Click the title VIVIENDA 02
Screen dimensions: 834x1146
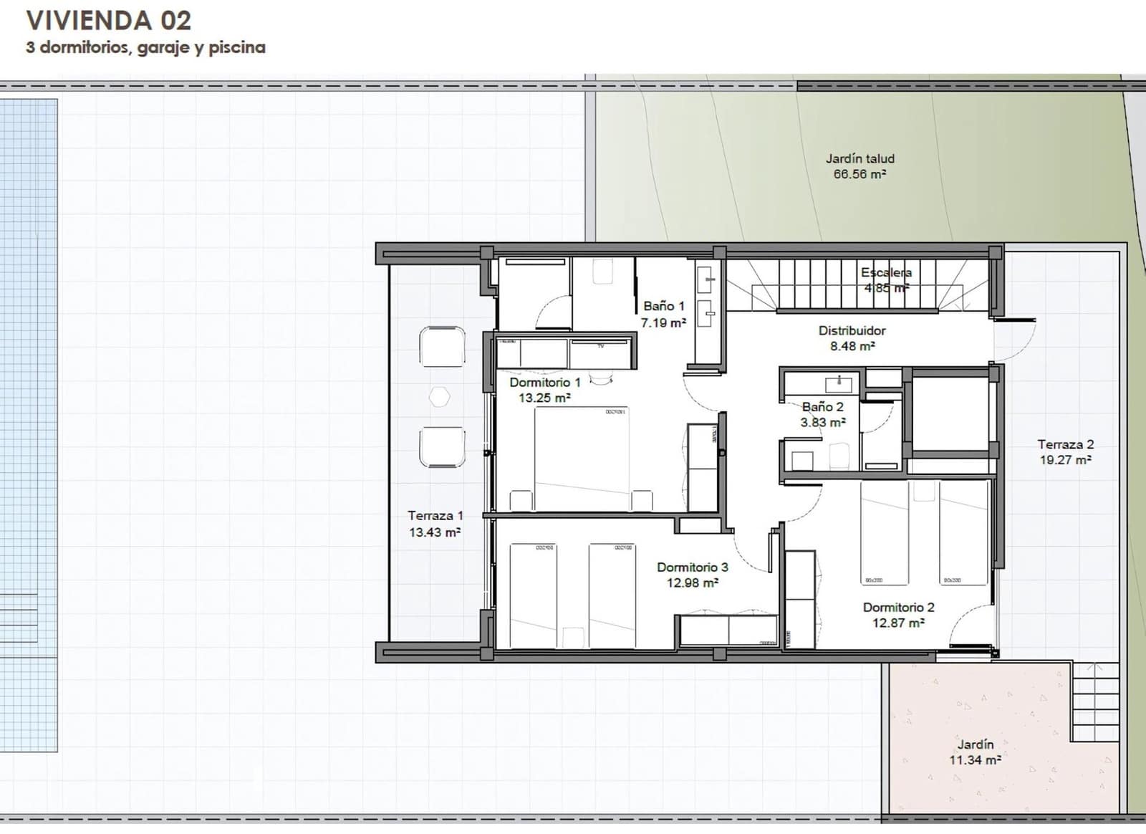click(x=109, y=21)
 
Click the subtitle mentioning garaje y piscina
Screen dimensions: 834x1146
click(x=145, y=48)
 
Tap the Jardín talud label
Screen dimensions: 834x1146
click(x=860, y=159)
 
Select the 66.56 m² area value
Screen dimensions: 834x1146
click(x=860, y=174)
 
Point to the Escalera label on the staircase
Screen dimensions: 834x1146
click(x=886, y=273)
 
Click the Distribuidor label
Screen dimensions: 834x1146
click(x=852, y=331)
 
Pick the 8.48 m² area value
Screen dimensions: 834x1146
click(x=852, y=346)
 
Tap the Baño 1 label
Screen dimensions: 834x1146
click(x=663, y=307)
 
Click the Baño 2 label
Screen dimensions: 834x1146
click(x=822, y=407)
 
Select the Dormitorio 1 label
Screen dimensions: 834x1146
click(x=544, y=383)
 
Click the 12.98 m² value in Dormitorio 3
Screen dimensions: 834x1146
click(x=692, y=583)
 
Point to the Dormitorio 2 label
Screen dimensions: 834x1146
click(x=898, y=608)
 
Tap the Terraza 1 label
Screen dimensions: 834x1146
click(x=435, y=516)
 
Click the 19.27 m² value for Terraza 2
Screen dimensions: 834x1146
click(x=1065, y=460)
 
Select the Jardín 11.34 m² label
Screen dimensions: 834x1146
click(x=975, y=752)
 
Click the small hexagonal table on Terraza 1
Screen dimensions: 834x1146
click(x=439, y=397)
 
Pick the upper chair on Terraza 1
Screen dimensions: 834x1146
click(x=442, y=347)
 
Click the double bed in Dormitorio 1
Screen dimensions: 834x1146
click(x=581, y=459)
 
